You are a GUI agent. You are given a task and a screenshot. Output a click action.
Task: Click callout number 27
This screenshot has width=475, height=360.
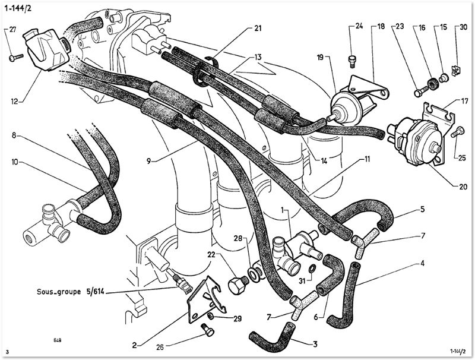(x=12, y=30)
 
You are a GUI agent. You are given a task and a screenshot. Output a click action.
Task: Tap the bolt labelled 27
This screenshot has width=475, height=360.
(x=16, y=57)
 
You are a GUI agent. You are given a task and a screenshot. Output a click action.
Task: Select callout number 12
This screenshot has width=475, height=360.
(x=15, y=101)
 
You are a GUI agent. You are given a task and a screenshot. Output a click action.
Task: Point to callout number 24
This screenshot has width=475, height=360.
(x=359, y=26)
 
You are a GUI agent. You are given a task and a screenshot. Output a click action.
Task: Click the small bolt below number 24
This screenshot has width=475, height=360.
(x=352, y=62)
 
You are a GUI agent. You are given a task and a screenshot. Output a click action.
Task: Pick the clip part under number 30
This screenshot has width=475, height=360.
(x=455, y=71)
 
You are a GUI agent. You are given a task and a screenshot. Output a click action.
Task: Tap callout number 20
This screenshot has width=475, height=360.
(x=463, y=187)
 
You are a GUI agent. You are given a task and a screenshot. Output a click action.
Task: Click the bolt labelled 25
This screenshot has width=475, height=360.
(x=457, y=132)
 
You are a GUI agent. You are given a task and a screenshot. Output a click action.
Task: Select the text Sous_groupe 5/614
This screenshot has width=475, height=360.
(x=71, y=292)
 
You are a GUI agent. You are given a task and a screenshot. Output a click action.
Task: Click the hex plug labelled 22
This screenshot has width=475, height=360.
(x=238, y=284)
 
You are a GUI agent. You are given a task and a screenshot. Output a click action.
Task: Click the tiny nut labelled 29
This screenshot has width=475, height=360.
(x=211, y=317)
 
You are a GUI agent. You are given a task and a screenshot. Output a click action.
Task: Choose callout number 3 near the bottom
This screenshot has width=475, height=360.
(x=315, y=344)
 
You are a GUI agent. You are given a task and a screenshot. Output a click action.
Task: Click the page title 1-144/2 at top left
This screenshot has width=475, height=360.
(x=18, y=8)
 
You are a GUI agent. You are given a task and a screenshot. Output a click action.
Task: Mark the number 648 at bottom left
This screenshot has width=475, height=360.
(x=58, y=340)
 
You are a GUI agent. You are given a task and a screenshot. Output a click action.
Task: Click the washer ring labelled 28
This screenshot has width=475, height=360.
(x=254, y=274)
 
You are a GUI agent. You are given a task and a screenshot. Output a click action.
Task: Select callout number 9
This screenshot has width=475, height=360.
(x=148, y=161)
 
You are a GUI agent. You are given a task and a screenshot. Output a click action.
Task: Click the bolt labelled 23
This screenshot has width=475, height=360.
(x=421, y=91)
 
